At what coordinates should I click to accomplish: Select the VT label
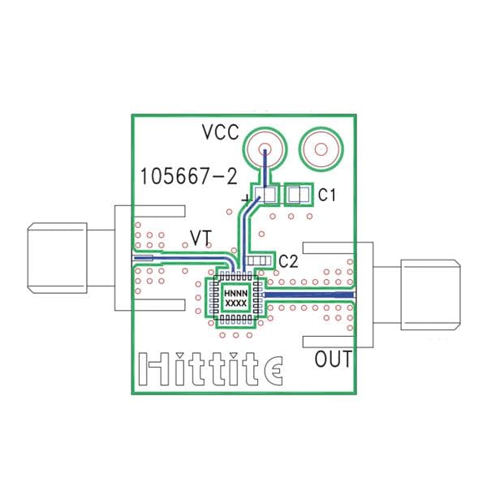click(201, 237)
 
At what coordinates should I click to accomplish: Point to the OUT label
click(333, 359)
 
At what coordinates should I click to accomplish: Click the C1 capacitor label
click(327, 195)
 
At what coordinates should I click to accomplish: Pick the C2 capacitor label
click(287, 260)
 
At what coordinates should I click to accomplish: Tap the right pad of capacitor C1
click(297, 195)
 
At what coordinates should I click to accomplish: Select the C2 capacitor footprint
click(259, 260)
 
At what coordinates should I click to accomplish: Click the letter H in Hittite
click(150, 369)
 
